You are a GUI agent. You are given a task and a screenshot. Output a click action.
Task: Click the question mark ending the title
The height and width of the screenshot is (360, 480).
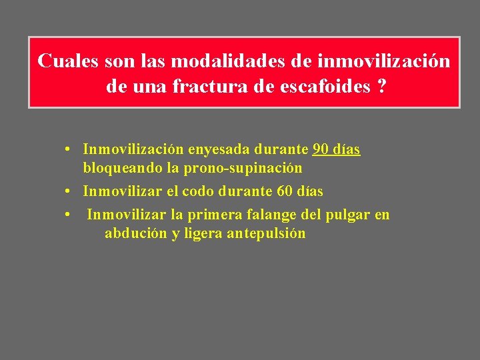381,87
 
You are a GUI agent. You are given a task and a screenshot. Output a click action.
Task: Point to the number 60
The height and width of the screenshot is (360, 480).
284,191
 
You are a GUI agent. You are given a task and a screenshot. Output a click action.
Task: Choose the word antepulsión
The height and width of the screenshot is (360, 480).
266,233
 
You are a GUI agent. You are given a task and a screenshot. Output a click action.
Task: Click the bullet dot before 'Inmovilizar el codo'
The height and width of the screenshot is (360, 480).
69,192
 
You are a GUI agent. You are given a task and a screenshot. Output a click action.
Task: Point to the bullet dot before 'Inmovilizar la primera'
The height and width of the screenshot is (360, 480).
69,215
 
